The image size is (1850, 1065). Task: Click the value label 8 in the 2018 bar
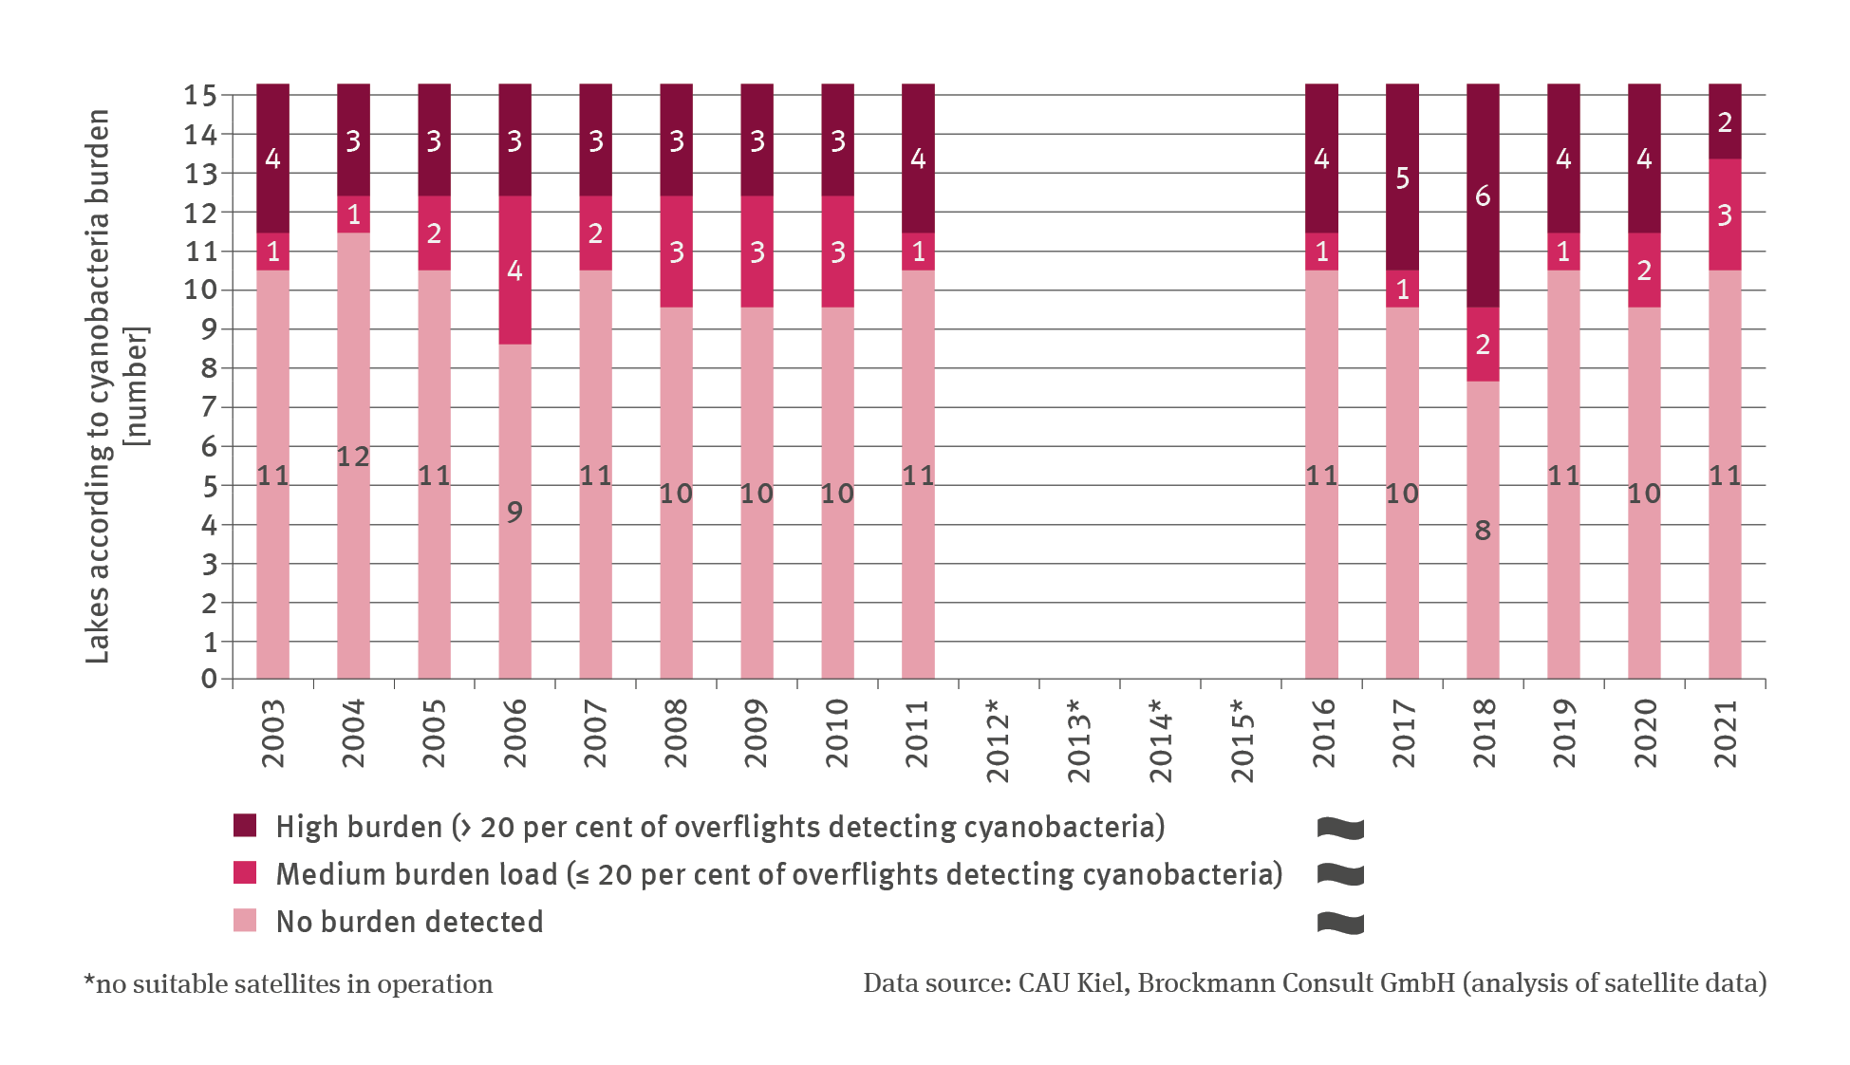(1483, 531)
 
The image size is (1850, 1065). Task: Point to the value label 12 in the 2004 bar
(353, 457)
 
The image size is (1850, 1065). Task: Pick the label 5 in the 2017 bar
(1402, 178)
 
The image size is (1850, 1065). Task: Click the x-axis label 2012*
(998, 740)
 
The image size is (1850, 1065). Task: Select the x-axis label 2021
(1725, 733)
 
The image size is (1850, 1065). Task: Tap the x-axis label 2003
(272, 733)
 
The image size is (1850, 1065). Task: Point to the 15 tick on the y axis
(200, 95)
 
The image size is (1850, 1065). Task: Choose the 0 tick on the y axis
(209, 679)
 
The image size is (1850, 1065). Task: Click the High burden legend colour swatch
(245, 826)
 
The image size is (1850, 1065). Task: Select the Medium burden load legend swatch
(245, 873)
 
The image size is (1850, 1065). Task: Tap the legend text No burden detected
(409, 922)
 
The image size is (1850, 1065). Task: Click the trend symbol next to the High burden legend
(1340, 828)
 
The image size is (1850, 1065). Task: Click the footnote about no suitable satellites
(289, 983)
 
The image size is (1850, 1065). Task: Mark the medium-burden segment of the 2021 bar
(1725, 215)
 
